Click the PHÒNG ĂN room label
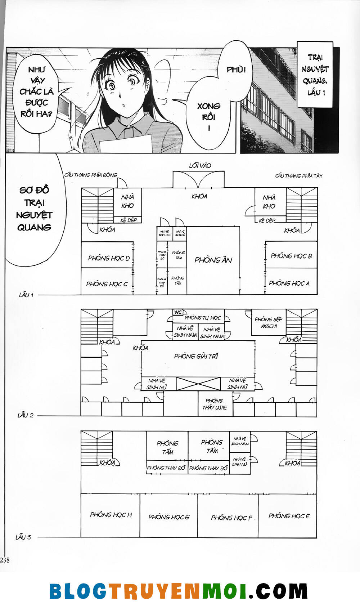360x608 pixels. click(x=213, y=260)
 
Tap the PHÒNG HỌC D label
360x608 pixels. click(x=109, y=258)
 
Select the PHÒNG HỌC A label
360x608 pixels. click(x=289, y=283)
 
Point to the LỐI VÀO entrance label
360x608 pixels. click(x=200, y=166)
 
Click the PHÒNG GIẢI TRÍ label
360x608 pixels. click(x=196, y=356)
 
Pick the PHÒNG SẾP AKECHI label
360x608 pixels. click(x=269, y=323)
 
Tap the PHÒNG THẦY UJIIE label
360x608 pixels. click(x=215, y=404)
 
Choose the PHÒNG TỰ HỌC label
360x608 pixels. click(x=203, y=318)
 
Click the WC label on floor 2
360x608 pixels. click(x=178, y=312)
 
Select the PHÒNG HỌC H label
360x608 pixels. click(x=111, y=515)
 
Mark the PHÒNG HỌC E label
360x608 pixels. click(x=289, y=516)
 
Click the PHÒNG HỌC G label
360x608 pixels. click(x=169, y=517)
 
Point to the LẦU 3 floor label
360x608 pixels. click(x=23, y=537)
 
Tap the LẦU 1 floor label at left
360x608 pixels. click(x=26, y=295)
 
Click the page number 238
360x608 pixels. click(x=5, y=560)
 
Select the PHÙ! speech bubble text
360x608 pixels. click(x=236, y=70)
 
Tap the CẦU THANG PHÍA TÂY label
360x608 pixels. click(x=299, y=176)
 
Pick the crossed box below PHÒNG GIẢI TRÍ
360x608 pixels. click(x=198, y=384)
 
